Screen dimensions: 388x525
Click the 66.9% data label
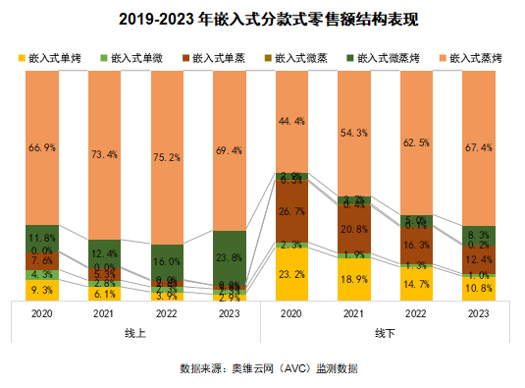[41, 147]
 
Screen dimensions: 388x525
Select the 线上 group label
[135, 334]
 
